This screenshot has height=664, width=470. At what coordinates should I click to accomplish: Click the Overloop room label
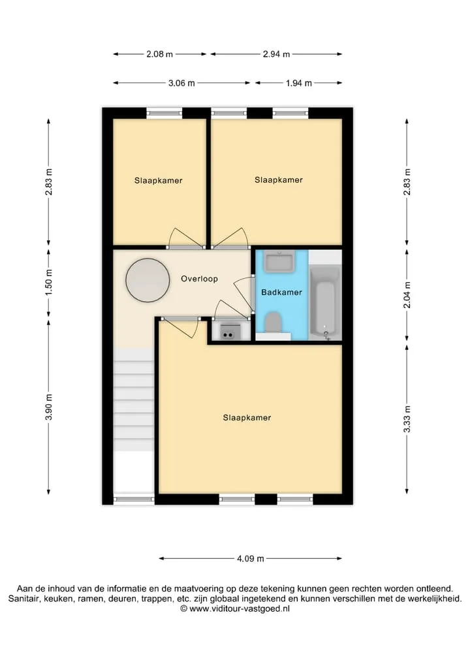pos(199,279)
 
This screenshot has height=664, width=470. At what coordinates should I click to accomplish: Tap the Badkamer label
pos(281,292)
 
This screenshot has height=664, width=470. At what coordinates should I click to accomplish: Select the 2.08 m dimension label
pos(160,54)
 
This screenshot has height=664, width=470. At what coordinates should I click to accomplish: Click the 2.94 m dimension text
pos(277,54)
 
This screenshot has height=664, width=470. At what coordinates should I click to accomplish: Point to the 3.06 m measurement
pos(181,83)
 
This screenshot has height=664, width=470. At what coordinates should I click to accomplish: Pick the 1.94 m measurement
pos(299,83)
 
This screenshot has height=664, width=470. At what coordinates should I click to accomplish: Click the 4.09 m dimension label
pos(250,558)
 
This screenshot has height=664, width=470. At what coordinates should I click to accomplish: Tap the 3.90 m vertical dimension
pos(49,407)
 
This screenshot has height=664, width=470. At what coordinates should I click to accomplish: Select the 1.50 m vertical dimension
pos(49,283)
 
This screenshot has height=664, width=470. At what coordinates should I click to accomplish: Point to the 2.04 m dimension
pos(407,294)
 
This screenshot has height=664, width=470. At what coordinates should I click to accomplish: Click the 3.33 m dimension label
pos(407,419)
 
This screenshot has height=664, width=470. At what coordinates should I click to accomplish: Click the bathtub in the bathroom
pos(325,302)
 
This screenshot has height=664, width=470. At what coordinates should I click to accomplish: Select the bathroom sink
pos(279,261)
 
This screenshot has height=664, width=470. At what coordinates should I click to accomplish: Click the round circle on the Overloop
pos(148,280)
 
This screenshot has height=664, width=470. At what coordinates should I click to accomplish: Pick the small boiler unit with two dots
pos(228,331)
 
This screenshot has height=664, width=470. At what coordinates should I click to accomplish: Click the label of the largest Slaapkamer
pos(247,418)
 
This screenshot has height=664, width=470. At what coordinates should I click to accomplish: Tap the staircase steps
pos(134,400)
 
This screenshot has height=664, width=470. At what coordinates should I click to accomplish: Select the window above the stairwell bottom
pos(134,499)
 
